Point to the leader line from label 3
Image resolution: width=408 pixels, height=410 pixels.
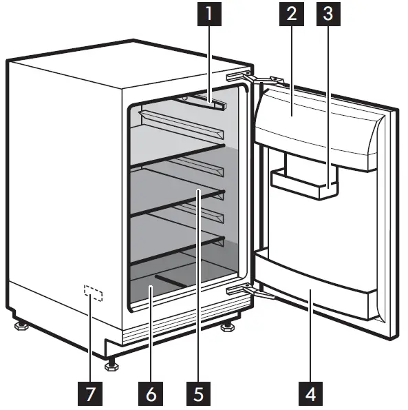pyautogui.click(x=330, y=103)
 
